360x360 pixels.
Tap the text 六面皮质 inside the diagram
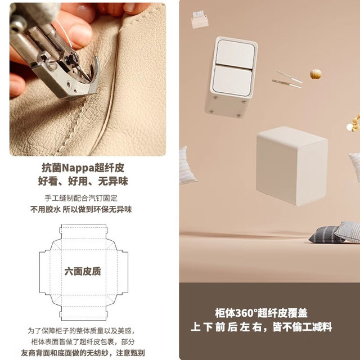83,271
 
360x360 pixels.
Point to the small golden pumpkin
316,74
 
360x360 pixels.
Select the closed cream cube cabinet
292,166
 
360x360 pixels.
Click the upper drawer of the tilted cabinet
236,53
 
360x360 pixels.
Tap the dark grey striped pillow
326,235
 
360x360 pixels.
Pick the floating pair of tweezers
287,79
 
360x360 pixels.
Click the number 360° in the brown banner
246,313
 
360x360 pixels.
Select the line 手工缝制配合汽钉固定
81,198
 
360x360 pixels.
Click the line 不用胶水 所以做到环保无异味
81,209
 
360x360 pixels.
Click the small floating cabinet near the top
200,20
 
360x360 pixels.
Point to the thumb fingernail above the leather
130,7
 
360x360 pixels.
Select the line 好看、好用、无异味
83,181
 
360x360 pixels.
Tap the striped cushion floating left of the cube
188,166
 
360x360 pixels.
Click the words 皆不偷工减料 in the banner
302,327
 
